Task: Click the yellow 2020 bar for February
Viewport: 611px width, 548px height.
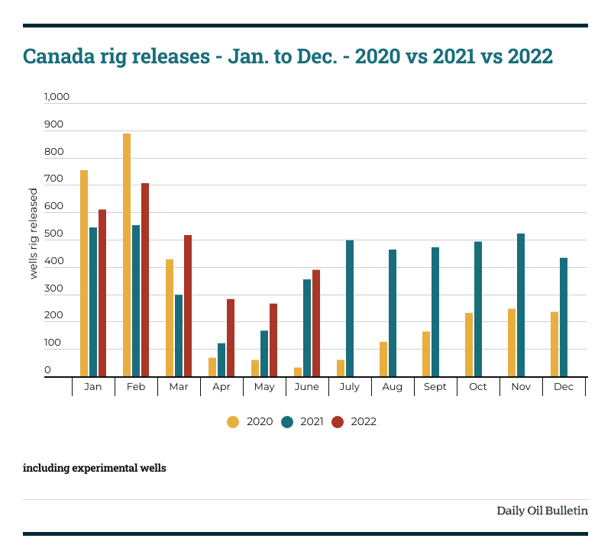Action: point(127,255)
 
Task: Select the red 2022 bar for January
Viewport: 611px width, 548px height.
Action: point(102,293)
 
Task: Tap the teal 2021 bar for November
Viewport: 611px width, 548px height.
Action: point(521,305)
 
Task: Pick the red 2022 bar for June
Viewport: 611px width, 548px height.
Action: point(316,324)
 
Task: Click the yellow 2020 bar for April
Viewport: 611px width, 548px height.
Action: point(212,367)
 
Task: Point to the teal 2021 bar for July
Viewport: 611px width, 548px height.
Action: point(350,308)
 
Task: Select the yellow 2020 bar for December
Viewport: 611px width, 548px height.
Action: point(554,344)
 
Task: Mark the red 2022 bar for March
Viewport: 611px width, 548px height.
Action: point(188,306)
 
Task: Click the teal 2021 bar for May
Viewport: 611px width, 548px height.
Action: point(264,353)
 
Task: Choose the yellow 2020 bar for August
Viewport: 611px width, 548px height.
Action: point(383,359)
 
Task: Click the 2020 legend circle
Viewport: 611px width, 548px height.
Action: point(233,422)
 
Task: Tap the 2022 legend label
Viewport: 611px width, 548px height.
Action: point(364,422)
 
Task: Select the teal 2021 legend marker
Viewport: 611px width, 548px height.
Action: point(287,422)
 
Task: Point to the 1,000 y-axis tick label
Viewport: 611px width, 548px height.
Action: point(57,97)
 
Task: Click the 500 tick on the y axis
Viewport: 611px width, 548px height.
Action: point(53,234)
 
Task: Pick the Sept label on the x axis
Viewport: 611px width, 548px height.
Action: point(435,387)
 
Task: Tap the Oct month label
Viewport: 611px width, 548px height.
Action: point(478,387)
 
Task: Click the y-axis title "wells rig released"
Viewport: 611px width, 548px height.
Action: point(34,234)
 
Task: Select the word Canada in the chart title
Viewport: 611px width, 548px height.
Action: point(59,56)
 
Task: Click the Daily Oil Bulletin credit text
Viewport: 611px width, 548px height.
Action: point(542,511)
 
